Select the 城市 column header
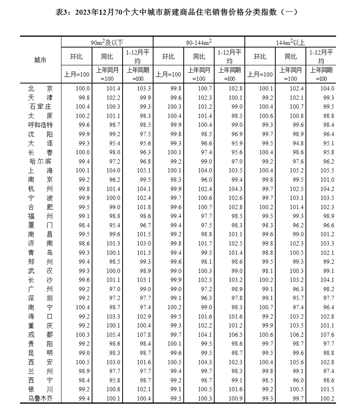tap(40, 60)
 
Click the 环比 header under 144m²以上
tap(260, 57)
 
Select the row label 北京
tap(40, 88)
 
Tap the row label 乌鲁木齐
tap(40, 399)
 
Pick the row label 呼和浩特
tap(40, 125)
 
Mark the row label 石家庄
tap(40, 107)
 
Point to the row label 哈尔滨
tap(40, 162)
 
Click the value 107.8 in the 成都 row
tap(138, 335)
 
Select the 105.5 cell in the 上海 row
tap(322, 171)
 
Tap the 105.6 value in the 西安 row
tap(291, 362)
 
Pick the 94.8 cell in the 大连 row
tap(291, 143)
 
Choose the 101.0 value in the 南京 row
tap(322, 180)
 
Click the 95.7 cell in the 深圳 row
tap(291, 298)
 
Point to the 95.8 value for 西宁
tap(107, 380)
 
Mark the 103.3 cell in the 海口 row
tap(107, 317)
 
